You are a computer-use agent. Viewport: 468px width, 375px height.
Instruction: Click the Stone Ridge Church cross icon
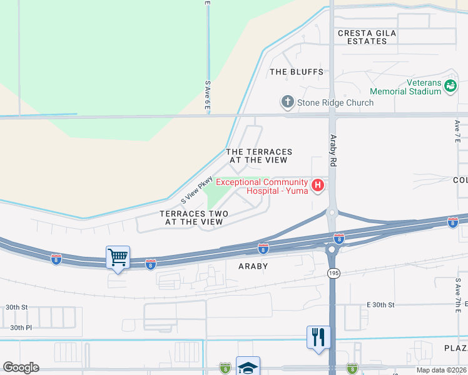click(287, 102)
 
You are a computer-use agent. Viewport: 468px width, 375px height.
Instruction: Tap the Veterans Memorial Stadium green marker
click(450, 86)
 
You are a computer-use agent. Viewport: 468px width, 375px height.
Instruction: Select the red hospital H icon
click(318, 185)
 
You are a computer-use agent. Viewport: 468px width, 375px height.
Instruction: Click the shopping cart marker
click(118, 257)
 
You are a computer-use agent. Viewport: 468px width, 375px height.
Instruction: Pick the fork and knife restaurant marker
click(318, 337)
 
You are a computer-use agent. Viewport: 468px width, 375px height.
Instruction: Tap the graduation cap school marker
click(248, 367)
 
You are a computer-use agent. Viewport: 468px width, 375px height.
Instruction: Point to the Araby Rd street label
click(333, 151)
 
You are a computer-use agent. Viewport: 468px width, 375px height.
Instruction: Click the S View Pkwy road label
click(197, 189)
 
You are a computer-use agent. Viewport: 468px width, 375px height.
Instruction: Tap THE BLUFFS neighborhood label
click(297, 72)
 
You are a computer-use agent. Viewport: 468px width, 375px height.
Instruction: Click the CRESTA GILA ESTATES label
click(363, 37)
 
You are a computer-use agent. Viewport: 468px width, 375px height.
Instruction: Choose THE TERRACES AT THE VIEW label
click(259, 156)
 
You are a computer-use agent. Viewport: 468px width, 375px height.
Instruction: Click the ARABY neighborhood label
click(253, 266)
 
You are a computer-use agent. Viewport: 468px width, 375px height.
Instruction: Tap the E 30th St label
click(380, 305)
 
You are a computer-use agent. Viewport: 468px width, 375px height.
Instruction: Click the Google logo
click(21, 367)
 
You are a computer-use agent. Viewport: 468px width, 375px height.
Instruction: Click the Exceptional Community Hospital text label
click(263, 186)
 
